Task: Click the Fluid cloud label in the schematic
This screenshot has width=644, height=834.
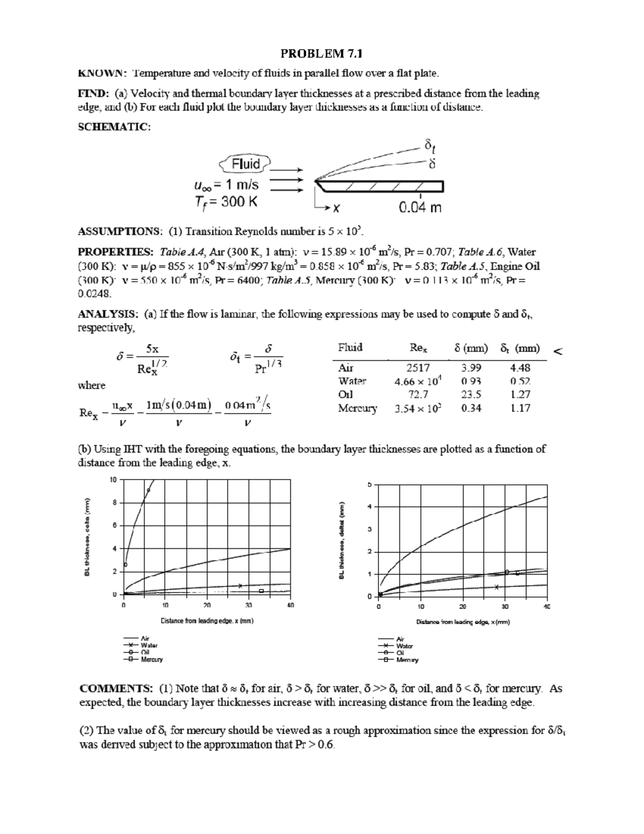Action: (x=246, y=164)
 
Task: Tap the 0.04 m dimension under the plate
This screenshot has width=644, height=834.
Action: (x=420, y=207)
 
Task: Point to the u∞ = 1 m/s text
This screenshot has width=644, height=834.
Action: (x=226, y=185)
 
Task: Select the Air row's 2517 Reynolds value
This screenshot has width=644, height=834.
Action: (x=418, y=368)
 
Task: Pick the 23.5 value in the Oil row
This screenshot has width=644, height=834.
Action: (x=471, y=394)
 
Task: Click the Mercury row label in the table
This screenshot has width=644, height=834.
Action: (x=357, y=408)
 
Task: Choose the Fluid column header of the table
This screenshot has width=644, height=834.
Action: (x=350, y=347)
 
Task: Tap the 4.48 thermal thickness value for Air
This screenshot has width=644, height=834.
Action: (x=520, y=368)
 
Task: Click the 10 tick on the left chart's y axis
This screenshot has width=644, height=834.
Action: (x=113, y=480)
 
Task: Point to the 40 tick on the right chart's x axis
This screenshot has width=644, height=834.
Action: (x=547, y=607)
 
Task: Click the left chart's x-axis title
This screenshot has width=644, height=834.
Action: (x=207, y=621)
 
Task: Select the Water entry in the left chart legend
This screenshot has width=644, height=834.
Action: (x=149, y=646)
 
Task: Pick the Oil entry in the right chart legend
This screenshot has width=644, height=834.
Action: (x=400, y=652)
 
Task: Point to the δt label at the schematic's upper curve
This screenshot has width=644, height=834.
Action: (x=430, y=145)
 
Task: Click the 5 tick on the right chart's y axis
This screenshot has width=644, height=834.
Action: (x=369, y=484)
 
